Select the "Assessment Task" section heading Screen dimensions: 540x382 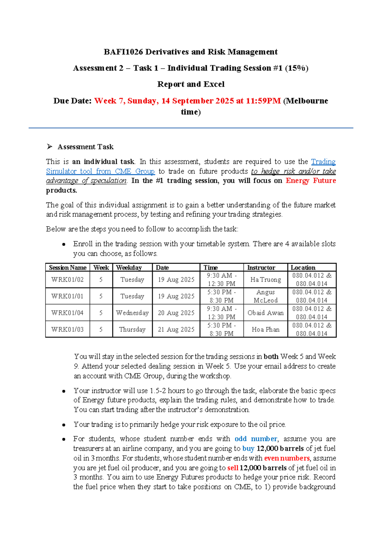pos(85,147)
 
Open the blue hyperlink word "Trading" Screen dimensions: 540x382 pos(323,162)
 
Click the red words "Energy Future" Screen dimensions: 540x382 pos(311,181)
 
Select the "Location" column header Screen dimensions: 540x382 pos(303,267)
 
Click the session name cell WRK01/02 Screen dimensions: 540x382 pos(67,280)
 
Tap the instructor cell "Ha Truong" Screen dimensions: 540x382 pos(265,280)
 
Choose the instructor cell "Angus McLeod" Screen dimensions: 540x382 pos(265,296)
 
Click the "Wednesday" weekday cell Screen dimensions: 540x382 pos(132,313)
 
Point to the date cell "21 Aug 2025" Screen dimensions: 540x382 pos(176,330)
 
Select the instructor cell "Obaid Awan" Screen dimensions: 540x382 pos(265,313)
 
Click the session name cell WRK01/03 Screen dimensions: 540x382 pos(67,330)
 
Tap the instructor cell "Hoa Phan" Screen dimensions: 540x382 pos(265,330)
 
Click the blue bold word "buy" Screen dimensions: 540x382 pos(248,449)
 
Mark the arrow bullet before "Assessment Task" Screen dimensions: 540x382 pos(49,146)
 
